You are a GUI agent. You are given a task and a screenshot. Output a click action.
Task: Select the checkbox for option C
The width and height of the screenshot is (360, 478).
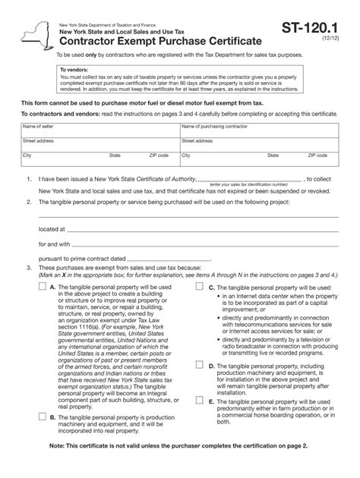pyautogui.click(x=199, y=288)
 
